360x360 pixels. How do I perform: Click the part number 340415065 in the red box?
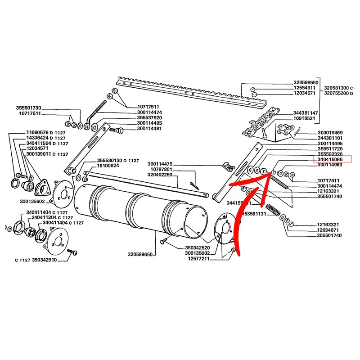point(330,159)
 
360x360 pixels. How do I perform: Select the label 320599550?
point(306,83)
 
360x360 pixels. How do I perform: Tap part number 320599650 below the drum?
point(140,254)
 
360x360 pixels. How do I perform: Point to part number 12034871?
point(330,229)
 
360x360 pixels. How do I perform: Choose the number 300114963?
point(330,165)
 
